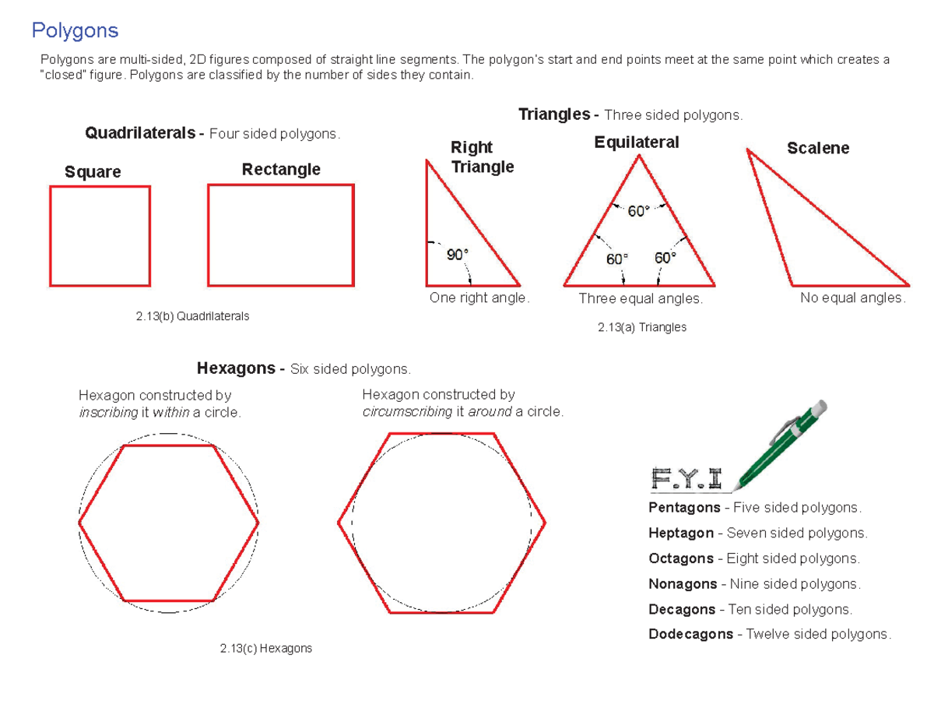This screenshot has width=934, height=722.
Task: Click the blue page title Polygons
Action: point(75,30)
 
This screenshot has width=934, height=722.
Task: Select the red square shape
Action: point(100,235)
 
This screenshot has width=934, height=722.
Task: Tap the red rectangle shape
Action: point(281,235)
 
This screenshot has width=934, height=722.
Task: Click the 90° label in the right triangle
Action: point(457,254)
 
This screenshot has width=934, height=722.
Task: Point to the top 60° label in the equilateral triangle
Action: point(638,211)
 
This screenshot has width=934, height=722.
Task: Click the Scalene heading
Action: point(818,148)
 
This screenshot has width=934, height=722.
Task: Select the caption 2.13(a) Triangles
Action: point(642,327)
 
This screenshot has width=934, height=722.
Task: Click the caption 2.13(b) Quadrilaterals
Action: point(192,316)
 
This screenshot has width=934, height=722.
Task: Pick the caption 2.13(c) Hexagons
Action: point(265,648)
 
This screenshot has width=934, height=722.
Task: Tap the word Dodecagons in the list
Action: point(690,634)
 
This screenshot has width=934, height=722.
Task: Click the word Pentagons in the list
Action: point(684,508)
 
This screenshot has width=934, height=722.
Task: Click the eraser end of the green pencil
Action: point(818,409)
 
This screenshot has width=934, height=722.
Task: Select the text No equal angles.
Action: point(853,298)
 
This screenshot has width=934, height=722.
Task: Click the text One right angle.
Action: point(479,298)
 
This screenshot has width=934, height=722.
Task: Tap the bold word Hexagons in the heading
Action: point(235,368)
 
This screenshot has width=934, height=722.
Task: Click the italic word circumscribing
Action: point(407,411)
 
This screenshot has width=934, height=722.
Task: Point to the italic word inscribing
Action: point(108,413)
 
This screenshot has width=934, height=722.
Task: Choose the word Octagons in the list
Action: point(681,558)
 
